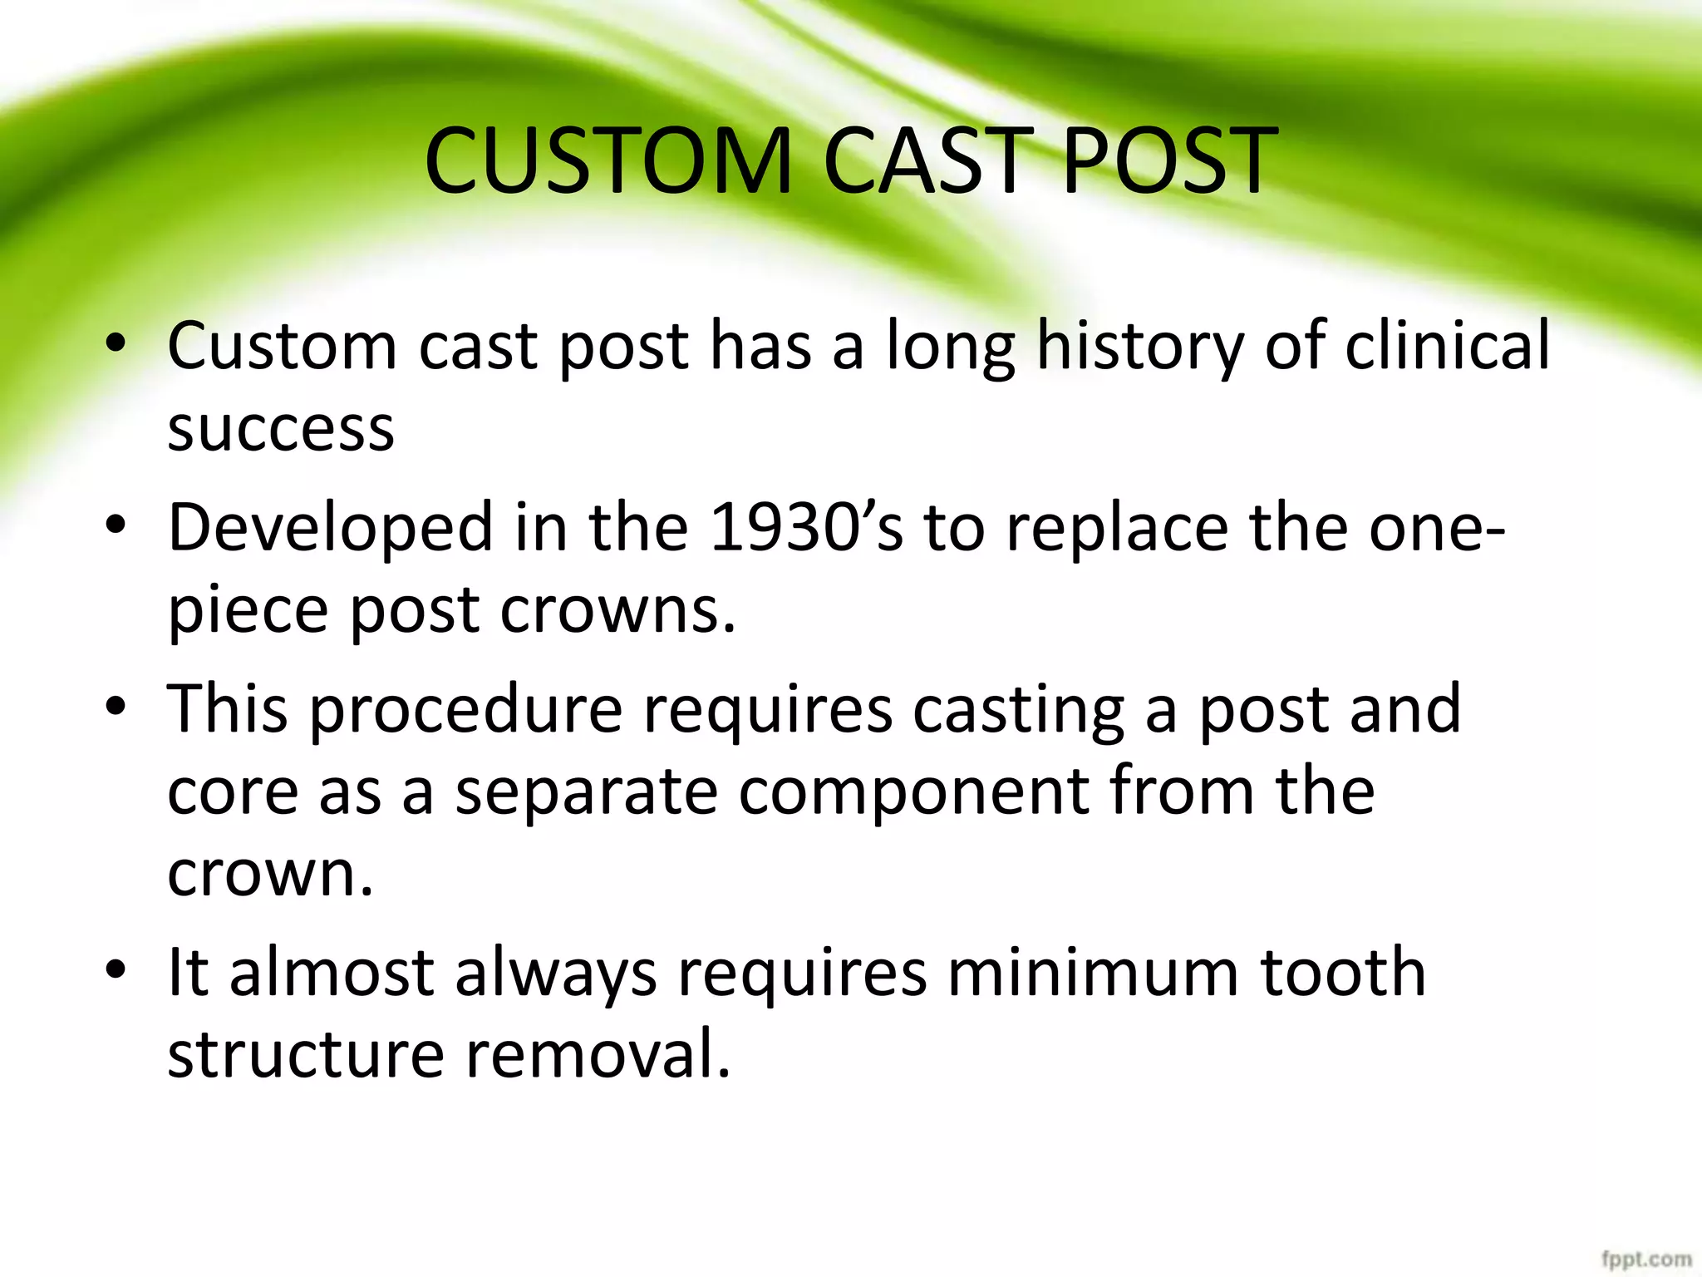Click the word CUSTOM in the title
pos(608,161)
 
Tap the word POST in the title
pos(1169,161)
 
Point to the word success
pos(281,431)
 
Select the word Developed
pos(330,529)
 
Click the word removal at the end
pos(598,1053)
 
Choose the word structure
pos(305,1055)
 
